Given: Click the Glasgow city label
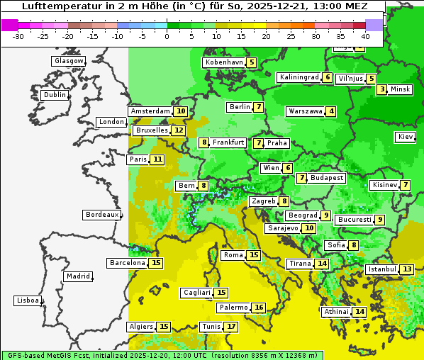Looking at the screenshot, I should coord(69,61).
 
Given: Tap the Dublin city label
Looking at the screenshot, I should coord(55,95).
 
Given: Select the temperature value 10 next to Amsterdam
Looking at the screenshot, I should coord(181,111).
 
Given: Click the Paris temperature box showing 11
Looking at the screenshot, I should coord(157,159).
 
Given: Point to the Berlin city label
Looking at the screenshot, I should coord(240,107).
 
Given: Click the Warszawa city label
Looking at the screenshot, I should coord(305,111).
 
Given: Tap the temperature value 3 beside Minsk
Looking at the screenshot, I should coord(382,89).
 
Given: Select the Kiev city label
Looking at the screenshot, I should coord(406,137).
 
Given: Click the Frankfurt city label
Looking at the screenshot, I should coord(228,142).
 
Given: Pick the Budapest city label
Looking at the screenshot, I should coord(327,178).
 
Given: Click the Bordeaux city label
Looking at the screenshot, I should coord(101,215).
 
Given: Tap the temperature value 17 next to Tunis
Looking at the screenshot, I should coord(231,327).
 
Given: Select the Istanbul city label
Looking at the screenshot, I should coord(382,269).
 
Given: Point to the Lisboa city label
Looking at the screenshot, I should coord(27,300).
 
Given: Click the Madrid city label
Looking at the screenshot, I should coord(78,276).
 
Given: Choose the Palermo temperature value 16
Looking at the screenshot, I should coord(259,308).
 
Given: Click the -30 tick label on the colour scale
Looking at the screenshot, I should coord(18,35).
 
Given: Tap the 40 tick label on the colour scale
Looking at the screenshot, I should coord(365,35).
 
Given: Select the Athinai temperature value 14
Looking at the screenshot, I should coord(359,312).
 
